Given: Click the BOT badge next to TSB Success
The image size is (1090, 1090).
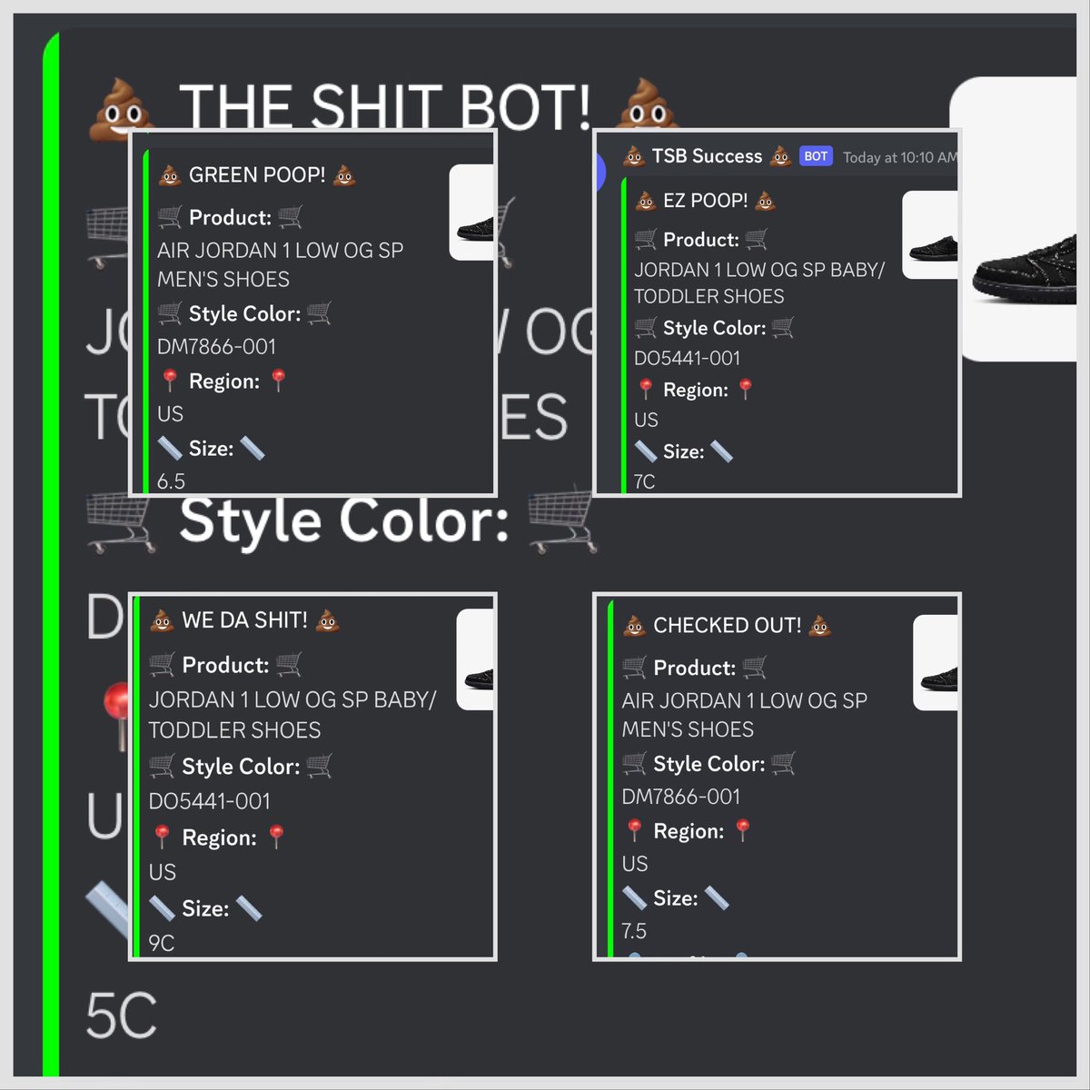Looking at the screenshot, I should pos(816,156).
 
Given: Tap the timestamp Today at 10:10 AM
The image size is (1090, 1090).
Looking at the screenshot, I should pos(899,158).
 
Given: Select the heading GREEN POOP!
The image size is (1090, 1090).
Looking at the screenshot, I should pos(257,175).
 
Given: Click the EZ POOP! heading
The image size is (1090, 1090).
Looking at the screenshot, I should pos(705,201).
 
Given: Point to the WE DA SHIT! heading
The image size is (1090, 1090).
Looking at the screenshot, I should pos(244,620).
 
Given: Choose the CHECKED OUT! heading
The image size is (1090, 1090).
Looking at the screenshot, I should pos(727,626).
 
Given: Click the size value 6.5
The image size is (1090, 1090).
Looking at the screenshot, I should pos(171,481).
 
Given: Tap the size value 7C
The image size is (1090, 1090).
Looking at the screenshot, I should pos(644,481).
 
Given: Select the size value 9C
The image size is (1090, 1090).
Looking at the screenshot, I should pos(162,943).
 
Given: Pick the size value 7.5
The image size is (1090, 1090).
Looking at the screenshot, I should pos(634,931).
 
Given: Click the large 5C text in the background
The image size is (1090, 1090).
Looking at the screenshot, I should pos(121,1016).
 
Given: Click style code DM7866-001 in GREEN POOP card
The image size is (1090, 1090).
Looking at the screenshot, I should pos(216,346).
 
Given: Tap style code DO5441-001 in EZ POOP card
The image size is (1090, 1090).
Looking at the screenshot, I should pos(687,358).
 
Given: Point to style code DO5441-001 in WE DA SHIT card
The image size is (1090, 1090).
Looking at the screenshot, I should pos(209,801).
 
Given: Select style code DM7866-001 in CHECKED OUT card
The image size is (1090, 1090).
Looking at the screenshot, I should pos(681,797).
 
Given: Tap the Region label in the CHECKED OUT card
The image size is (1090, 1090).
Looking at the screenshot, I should pos(689,831).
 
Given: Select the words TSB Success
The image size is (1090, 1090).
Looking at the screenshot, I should pos(707,156).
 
